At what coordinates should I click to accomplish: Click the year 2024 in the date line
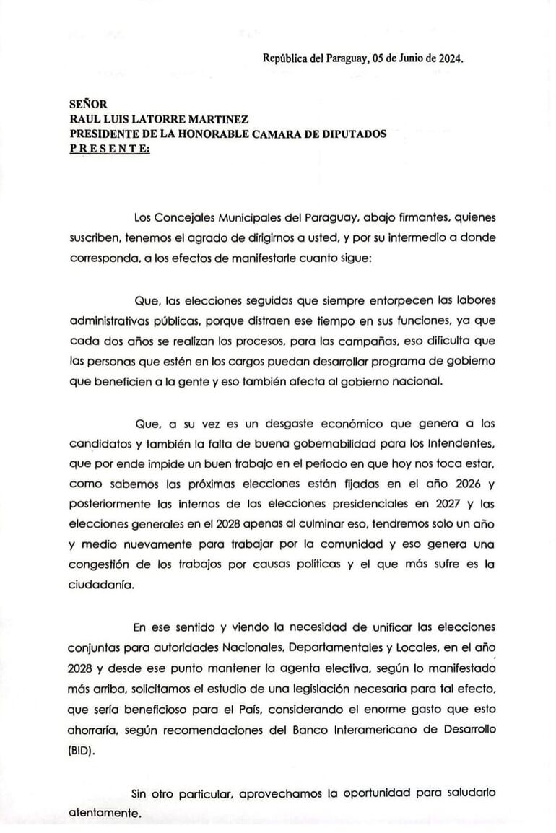point(448,60)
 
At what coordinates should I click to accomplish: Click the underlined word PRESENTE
point(109,148)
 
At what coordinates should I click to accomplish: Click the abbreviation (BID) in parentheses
point(84,749)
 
